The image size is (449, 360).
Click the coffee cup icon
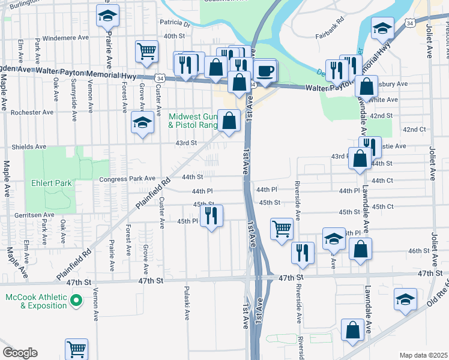(265, 71)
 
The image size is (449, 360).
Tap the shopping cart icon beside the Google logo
(76, 349)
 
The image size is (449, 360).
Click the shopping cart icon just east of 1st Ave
(281, 229)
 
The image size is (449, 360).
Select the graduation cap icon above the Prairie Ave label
(107, 16)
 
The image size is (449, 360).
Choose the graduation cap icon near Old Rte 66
(405, 299)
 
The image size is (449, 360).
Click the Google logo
(20, 353)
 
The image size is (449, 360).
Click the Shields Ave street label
(30, 146)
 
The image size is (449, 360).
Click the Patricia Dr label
(174, 25)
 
